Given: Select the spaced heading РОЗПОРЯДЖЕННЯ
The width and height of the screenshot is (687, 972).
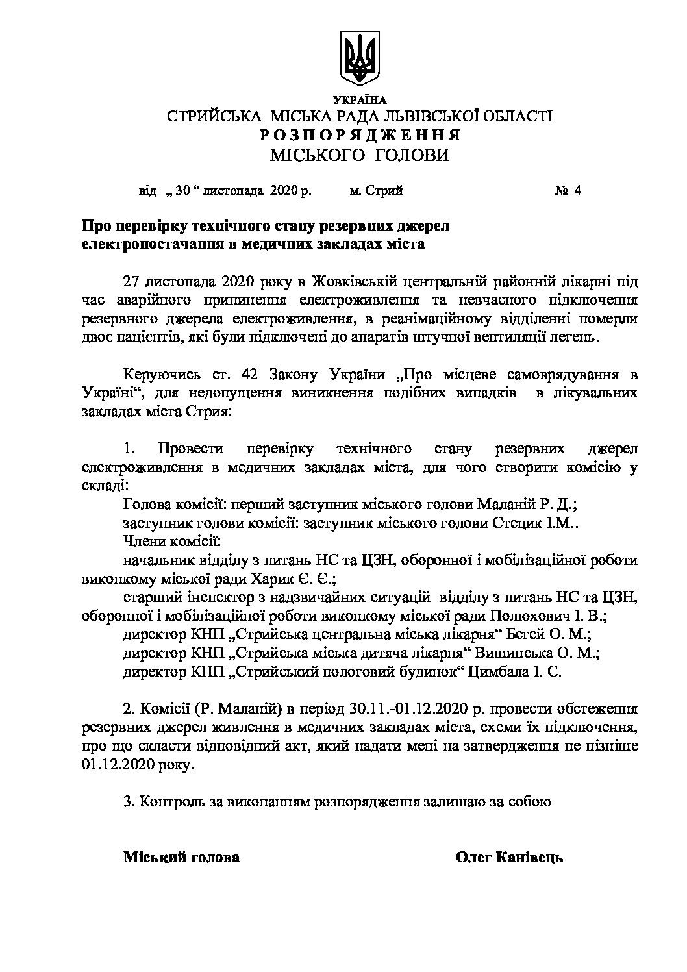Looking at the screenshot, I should pos(360,136).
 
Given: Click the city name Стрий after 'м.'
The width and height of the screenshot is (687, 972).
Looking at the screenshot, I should pos(384,192).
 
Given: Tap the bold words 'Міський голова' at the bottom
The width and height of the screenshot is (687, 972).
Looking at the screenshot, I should pos(181,857).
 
